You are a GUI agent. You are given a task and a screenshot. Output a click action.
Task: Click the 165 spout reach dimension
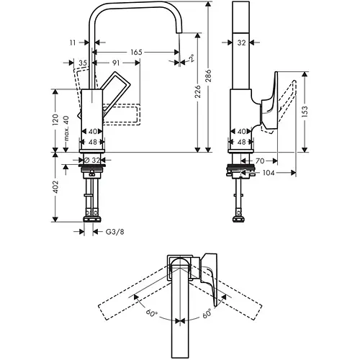click(135, 53)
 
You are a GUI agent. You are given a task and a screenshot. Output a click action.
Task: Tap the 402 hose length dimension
click(55, 189)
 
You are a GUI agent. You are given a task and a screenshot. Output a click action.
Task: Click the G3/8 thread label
click(113, 232)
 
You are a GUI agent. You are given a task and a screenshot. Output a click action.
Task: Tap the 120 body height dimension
click(56, 119)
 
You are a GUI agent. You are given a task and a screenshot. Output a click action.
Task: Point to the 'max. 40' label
click(66, 127)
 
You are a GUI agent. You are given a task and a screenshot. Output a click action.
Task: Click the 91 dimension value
click(116, 64)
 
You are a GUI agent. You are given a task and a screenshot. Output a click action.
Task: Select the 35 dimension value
click(84, 64)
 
